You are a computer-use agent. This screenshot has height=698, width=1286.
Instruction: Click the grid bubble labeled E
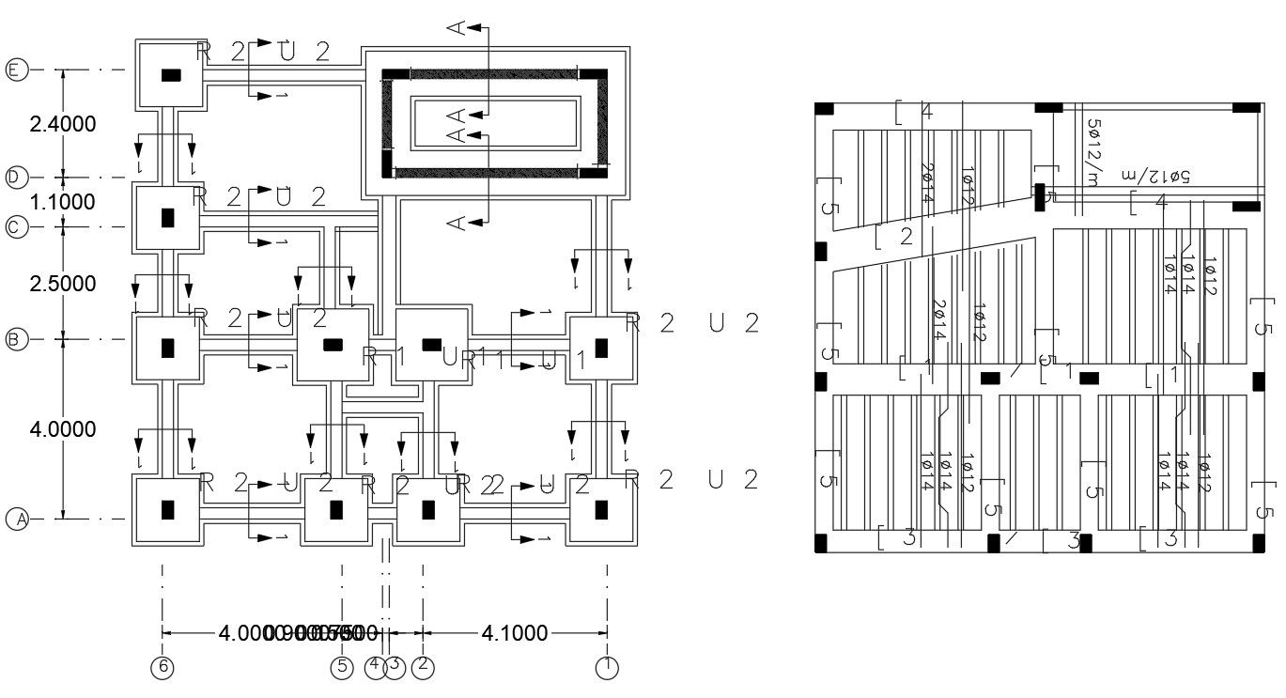tap(16, 70)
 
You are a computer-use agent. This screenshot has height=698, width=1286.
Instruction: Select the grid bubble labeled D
tap(16, 177)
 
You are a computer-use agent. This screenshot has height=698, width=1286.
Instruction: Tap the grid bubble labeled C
tap(16, 226)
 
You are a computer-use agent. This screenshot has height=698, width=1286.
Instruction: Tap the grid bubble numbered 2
tap(423, 666)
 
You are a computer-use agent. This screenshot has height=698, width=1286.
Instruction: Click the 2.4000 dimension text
tap(63, 124)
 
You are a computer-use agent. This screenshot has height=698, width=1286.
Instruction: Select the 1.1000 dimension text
tap(63, 202)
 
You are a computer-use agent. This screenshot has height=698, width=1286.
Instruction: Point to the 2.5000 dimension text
tap(63, 284)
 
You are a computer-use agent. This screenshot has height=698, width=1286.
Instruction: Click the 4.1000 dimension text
tap(514, 633)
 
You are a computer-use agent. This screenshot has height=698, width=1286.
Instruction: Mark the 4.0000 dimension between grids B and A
tap(63, 429)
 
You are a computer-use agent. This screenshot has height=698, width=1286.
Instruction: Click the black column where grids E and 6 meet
tap(171, 75)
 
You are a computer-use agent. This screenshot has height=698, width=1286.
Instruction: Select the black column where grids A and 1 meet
tap(601, 510)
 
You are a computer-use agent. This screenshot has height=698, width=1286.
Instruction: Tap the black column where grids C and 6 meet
tap(168, 218)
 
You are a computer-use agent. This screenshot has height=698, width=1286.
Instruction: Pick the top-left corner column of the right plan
tap(824, 109)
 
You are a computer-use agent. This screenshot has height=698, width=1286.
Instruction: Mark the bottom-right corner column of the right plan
tap(1247, 543)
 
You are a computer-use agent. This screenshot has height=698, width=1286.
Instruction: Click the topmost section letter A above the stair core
tap(457, 28)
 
